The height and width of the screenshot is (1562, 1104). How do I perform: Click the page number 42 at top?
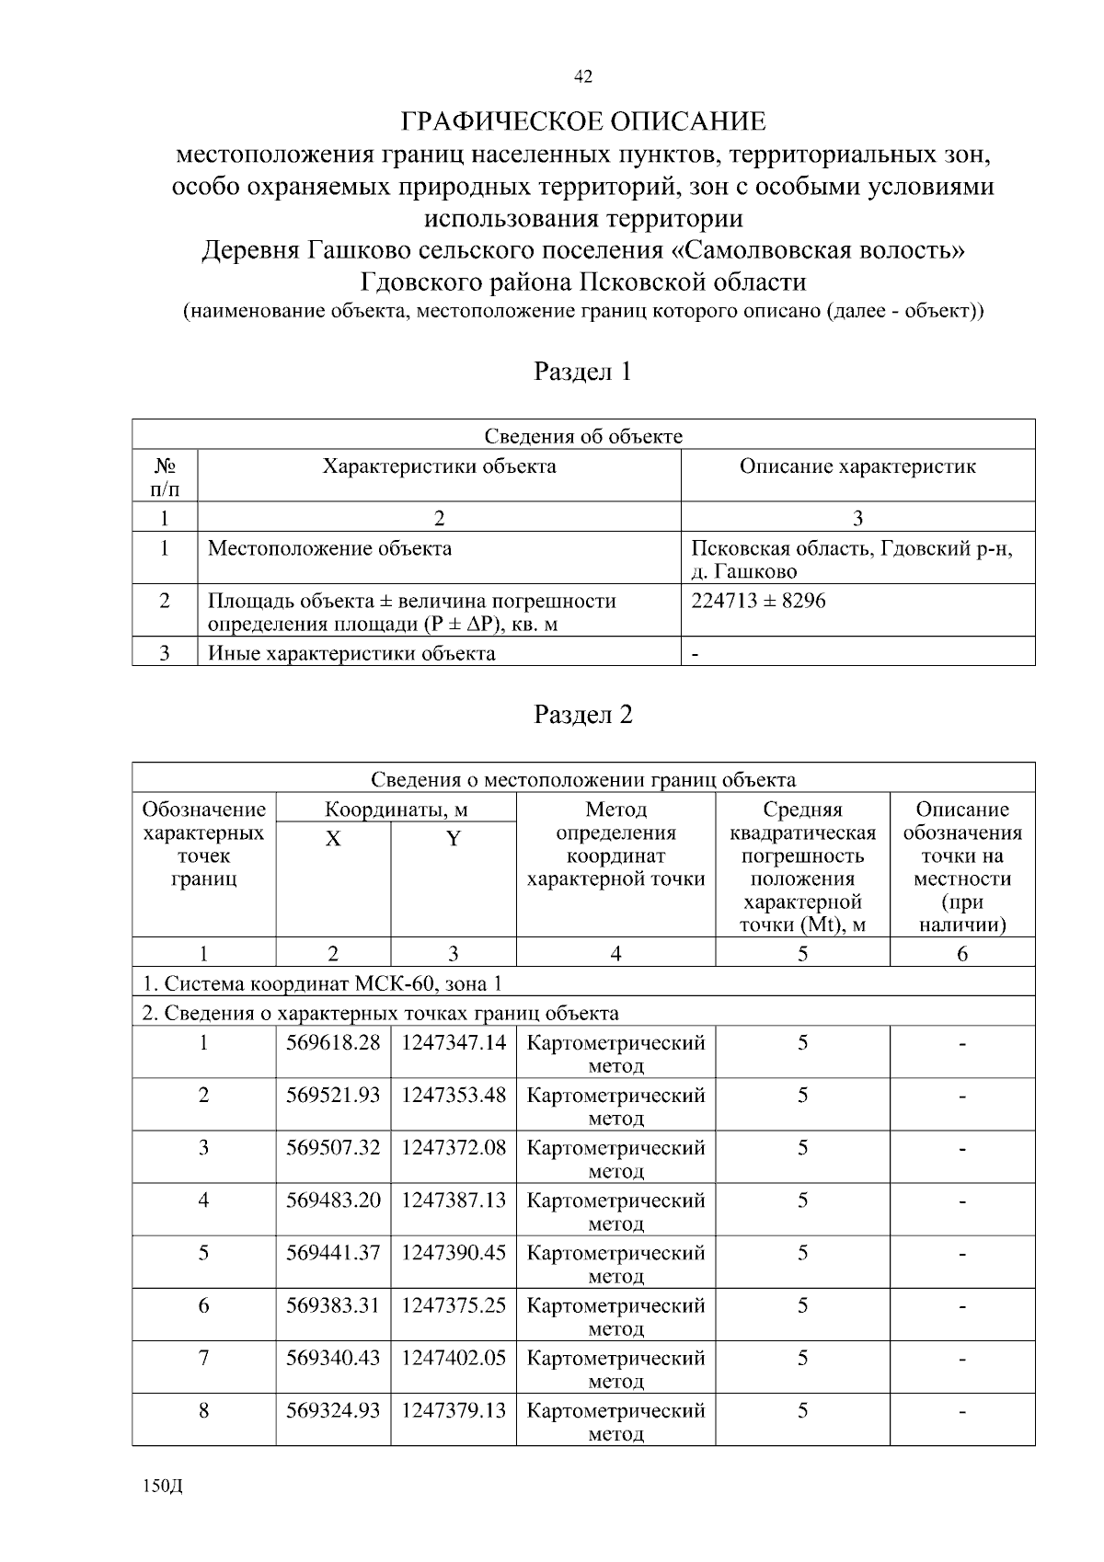pos(582,77)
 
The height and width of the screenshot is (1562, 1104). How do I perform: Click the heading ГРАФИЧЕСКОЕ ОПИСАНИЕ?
pos(582,121)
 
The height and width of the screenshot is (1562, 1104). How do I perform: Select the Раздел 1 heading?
pos(582,372)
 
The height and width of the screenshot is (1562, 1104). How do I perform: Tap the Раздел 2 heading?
pos(582,715)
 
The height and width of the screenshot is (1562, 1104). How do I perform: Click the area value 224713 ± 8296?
pos(758,601)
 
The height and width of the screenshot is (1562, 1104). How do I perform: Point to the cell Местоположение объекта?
pos(329,549)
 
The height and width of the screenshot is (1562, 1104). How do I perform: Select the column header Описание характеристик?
pos(857,466)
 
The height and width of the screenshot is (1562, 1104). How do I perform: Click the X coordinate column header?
pos(333,839)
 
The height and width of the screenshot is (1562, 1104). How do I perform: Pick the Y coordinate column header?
pos(453,839)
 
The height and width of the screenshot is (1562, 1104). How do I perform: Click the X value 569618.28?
pos(333,1043)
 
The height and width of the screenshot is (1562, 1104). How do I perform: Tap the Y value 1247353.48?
pos(453,1096)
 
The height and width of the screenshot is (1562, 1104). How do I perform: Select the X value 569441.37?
pos(333,1253)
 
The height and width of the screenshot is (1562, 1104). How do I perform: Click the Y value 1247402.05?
pos(453,1358)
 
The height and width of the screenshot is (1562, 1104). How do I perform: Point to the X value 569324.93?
pos(333,1410)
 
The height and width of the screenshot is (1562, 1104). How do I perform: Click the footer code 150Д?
pos(163,1487)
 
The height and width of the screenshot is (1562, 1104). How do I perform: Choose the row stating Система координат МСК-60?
pos(322,984)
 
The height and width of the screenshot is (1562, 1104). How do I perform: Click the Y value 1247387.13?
pos(453,1200)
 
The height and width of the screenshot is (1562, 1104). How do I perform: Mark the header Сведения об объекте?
pos(582,436)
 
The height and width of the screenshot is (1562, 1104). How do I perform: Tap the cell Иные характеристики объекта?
pos(351,654)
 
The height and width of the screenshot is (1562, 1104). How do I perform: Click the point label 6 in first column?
pos(203,1305)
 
